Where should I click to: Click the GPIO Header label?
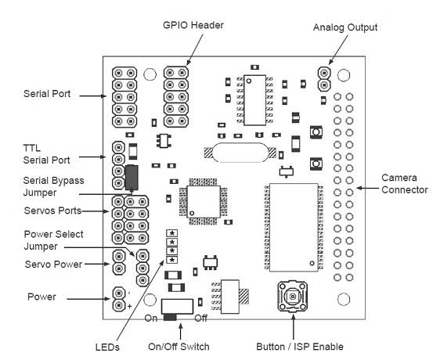point(193,25)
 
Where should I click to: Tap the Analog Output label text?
point(345,27)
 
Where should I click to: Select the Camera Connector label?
point(404,184)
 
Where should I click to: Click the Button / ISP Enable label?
point(300,347)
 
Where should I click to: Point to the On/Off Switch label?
point(179,347)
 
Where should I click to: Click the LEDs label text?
point(107,347)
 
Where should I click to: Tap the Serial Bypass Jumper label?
point(53,186)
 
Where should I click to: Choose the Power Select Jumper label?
point(53,240)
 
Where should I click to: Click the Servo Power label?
point(53,265)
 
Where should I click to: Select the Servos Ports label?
point(52,211)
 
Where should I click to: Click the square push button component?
point(292,297)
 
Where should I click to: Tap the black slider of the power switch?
point(170,317)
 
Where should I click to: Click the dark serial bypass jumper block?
point(132,178)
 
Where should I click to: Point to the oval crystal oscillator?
point(240,153)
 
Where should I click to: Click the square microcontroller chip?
point(203,201)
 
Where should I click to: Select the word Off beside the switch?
point(201,319)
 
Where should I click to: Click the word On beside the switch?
point(150,319)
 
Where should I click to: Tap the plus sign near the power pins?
point(129,306)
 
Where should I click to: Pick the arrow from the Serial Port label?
point(93,96)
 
